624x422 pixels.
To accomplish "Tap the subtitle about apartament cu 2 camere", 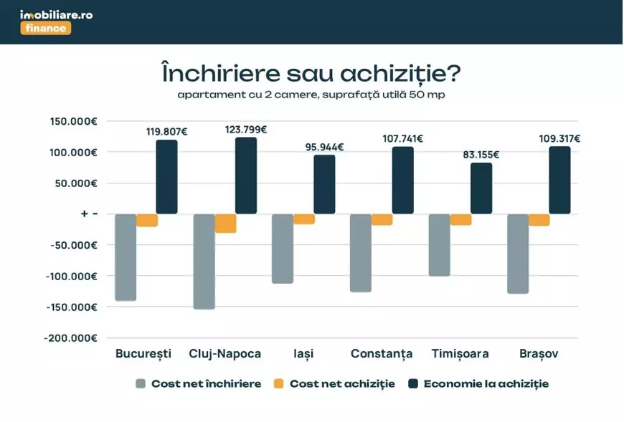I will [312, 95].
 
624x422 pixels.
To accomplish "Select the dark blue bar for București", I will [166, 177].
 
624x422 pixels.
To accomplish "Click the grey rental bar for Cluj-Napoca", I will [204, 262].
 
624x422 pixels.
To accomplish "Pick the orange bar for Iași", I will [304, 219].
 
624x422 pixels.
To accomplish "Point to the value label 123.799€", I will [245, 130].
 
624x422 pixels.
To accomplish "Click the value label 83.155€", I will [481, 155].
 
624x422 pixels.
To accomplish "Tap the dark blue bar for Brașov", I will [559, 181].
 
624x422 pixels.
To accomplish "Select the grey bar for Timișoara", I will [439, 245].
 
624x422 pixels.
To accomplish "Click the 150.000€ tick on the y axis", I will [74, 121].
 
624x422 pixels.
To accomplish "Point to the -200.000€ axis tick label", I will [72, 338].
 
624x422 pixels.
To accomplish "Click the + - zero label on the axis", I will [89, 214].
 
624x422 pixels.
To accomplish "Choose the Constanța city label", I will [381, 354].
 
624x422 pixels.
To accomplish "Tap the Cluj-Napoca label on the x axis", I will [224, 354].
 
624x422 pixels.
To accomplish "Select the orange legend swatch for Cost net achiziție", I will [279, 384].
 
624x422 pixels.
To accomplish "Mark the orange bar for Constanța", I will [382, 220].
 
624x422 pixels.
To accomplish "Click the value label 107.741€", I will [402, 139].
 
